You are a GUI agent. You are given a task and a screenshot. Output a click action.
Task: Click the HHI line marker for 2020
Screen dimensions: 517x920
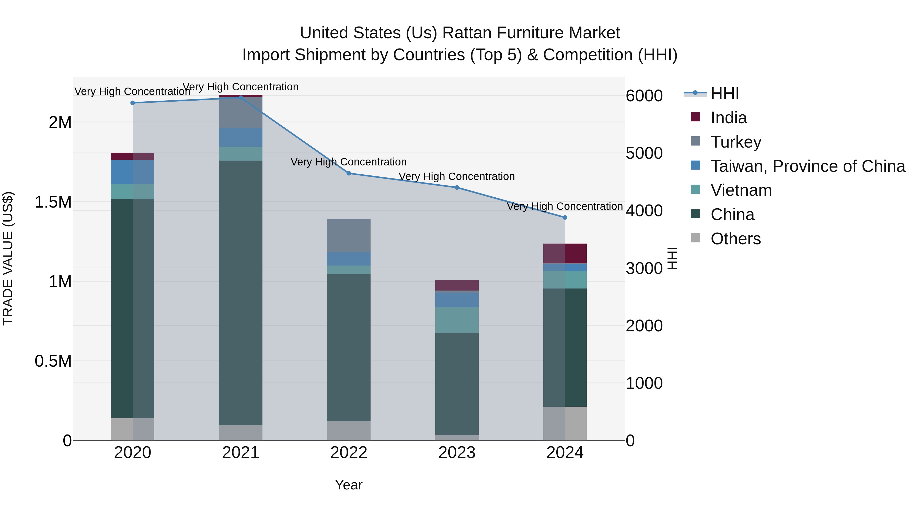point(132,103)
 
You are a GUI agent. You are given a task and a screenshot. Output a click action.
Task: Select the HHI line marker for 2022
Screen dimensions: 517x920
point(349,173)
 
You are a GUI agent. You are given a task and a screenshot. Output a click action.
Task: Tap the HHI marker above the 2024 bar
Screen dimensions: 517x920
point(565,217)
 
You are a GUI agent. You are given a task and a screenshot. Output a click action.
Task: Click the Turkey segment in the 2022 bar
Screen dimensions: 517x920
point(349,235)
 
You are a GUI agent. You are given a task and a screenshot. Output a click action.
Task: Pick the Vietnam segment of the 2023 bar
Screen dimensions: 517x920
point(456,320)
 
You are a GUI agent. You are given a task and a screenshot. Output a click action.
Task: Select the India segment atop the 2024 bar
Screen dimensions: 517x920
point(565,253)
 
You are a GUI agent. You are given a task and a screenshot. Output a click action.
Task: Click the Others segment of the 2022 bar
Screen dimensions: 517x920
point(349,431)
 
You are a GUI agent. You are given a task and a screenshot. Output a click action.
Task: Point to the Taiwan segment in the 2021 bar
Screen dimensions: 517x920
point(240,137)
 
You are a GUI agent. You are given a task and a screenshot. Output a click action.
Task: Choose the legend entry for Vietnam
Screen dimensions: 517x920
point(741,190)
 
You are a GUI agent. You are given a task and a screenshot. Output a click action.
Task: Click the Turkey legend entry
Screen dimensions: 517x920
point(736,142)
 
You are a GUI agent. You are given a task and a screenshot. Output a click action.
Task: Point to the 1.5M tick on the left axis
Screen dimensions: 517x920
point(53,202)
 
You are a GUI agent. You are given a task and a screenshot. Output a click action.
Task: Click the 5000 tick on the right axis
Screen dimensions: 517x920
point(644,153)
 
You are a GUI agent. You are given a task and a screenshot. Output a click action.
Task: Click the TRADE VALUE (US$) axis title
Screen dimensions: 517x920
point(8,258)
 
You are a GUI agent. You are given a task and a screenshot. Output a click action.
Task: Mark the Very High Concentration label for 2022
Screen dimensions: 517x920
point(349,162)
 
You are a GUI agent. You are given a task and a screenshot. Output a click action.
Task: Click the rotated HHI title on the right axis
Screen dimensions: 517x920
point(672,258)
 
